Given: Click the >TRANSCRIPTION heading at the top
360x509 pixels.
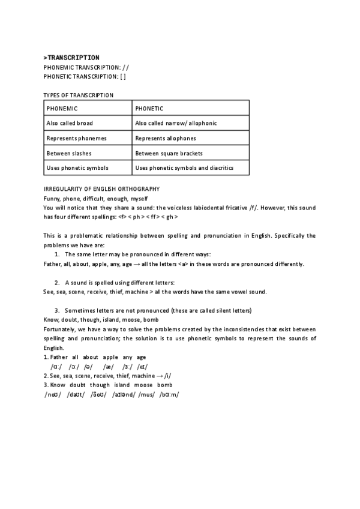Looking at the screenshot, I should pos(71,58).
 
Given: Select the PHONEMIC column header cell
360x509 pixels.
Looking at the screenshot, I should pos(88,109).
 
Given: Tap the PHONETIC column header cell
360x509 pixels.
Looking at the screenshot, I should pos(191,109).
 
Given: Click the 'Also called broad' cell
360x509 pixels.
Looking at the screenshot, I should pos(88,123).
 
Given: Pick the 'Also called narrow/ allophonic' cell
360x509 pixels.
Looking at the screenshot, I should pos(191,123).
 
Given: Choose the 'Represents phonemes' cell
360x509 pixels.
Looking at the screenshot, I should pos(88,138).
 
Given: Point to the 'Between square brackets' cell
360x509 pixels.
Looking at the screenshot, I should pos(191,153).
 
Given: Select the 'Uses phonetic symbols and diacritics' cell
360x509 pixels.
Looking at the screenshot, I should pos(191,167).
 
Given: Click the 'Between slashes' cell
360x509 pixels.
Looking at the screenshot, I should pos(88,153).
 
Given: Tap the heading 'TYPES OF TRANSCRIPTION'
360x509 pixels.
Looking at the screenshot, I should pos(79,95).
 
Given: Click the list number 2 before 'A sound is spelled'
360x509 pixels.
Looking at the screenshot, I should pos(57,282).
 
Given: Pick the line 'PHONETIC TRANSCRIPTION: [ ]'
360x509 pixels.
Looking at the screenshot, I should pos(85,76).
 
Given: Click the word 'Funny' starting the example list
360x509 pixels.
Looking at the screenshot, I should pos(52,199).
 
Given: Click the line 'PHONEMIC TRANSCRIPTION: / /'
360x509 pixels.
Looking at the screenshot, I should pos(86,67).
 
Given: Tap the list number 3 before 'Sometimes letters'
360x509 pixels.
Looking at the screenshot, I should pos(57,310).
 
